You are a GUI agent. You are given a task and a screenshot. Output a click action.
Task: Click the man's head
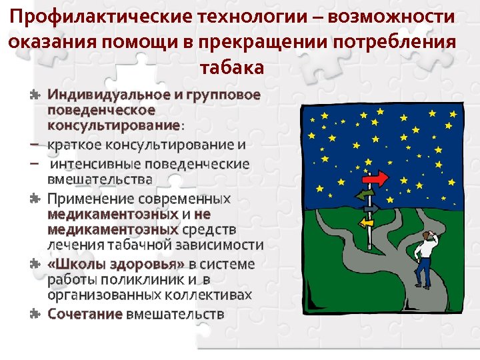click(x=426, y=235)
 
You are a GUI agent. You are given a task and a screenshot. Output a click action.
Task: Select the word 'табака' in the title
click(x=231, y=67)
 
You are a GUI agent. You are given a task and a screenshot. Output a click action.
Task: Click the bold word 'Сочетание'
click(x=85, y=313)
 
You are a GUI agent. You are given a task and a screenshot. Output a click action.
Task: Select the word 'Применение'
click(x=90, y=198)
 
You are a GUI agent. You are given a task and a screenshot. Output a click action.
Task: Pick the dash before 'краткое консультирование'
click(x=34, y=145)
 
